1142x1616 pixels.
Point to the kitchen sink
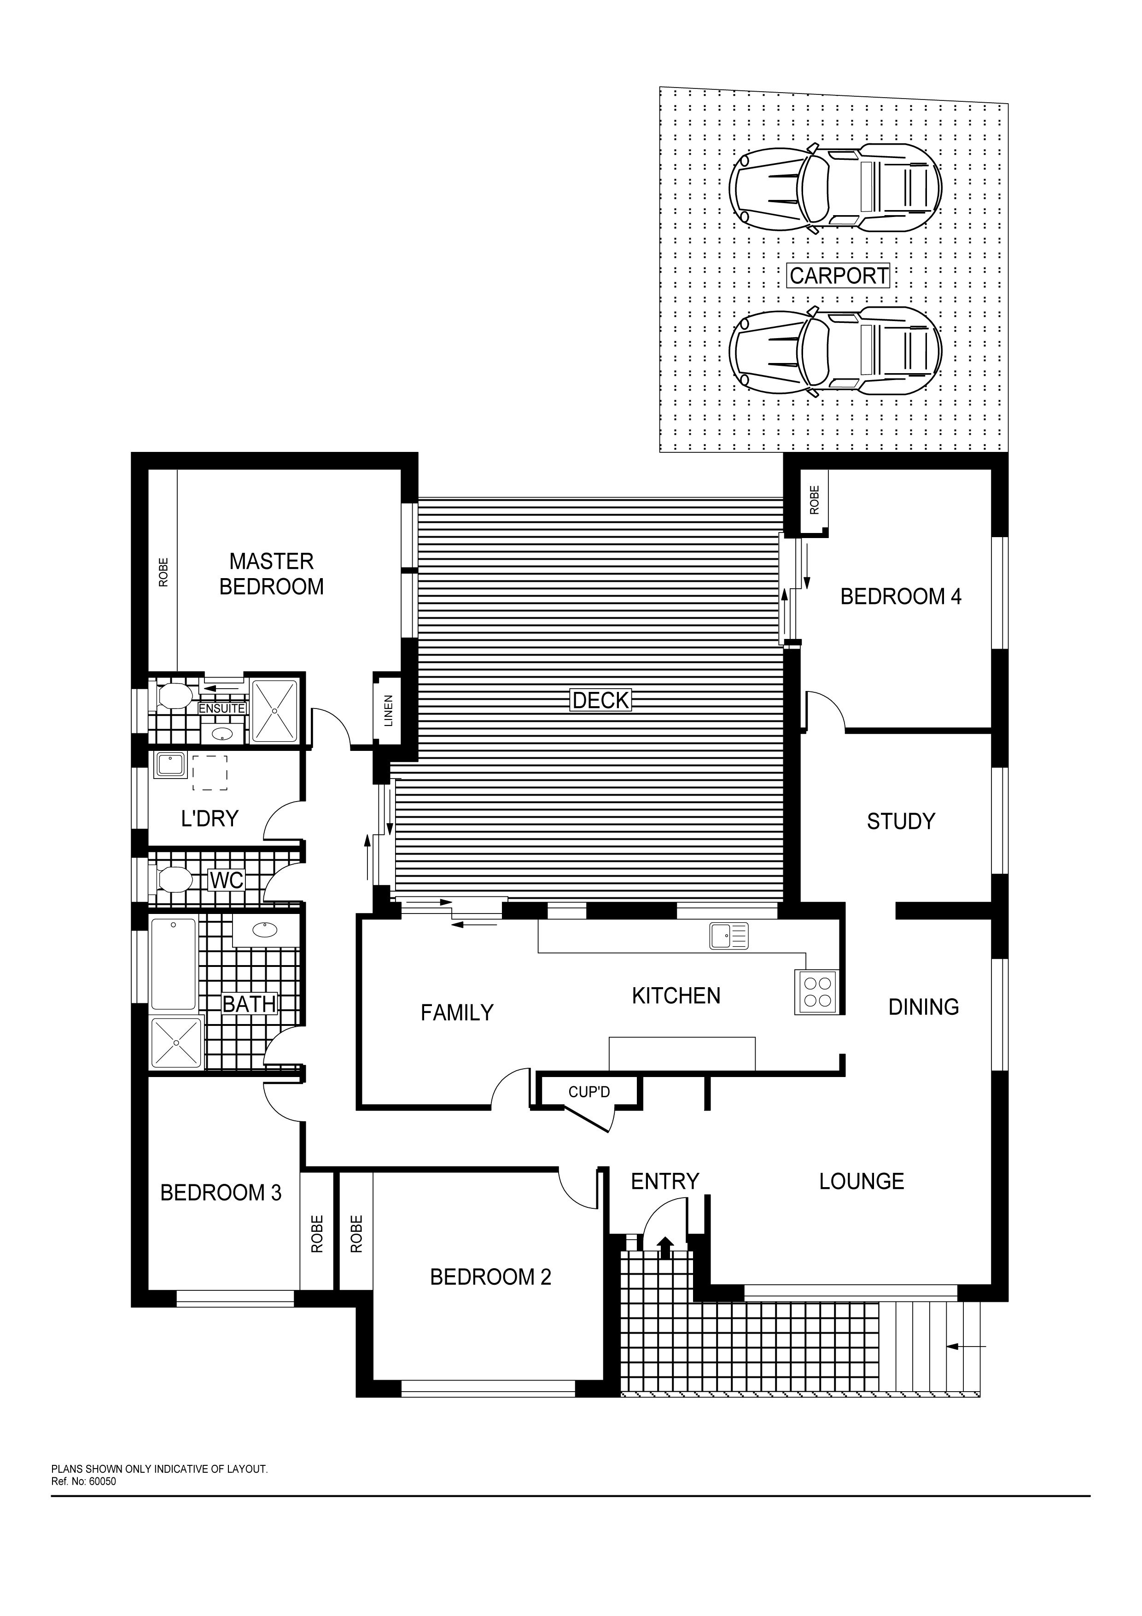pos(729,936)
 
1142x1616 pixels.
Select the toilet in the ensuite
pos(172,696)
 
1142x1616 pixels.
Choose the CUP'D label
pos(589,1092)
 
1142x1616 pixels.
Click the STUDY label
pos(901,821)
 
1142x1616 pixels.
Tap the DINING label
pos(923,1007)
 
